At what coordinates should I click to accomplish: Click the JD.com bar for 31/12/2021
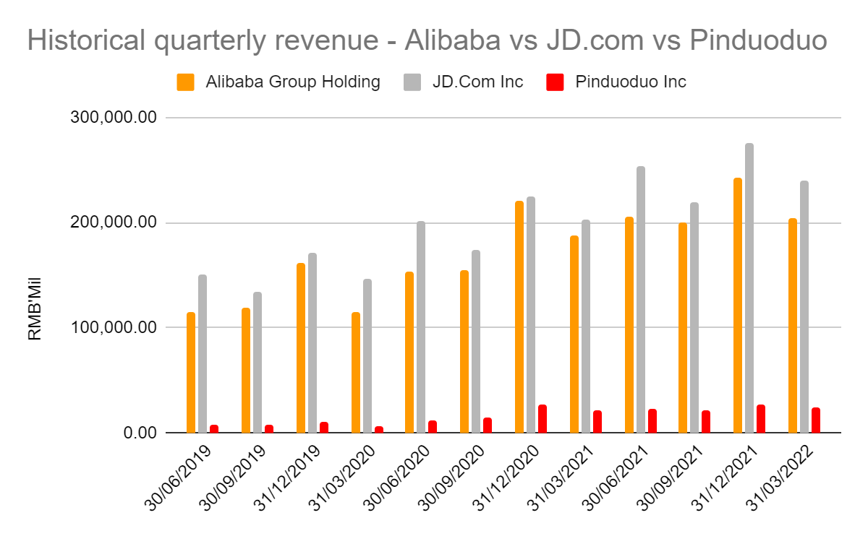click(749, 288)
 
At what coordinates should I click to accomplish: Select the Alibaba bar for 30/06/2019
click(191, 373)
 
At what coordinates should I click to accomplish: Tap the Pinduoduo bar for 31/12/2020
click(542, 419)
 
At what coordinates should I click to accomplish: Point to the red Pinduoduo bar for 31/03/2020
click(378, 429)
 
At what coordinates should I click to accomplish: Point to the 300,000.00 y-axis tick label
click(114, 117)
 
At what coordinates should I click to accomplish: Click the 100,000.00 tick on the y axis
click(114, 327)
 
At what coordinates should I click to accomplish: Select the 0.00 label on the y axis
click(137, 433)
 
